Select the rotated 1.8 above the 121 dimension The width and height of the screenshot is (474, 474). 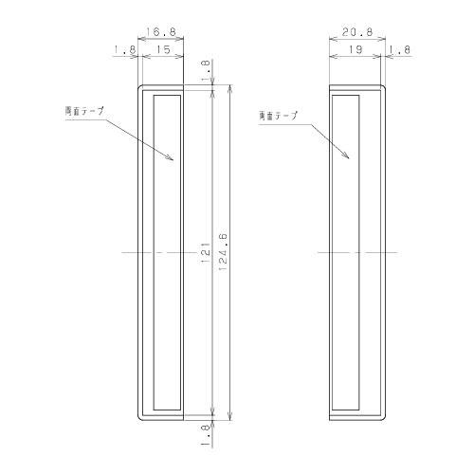pyautogui.click(x=206, y=70)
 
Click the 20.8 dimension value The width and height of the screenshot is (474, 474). pyautogui.click(x=355, y=31)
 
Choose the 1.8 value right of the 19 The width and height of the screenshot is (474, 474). pyautogui.click(x=397, y=50)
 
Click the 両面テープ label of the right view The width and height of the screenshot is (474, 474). pyautogui.click(x=277, y=115)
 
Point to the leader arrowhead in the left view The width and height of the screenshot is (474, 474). pyautogui.click(x=171, y=159)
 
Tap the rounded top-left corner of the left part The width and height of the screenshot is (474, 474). pyautogui.click(x=142, y=88)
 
